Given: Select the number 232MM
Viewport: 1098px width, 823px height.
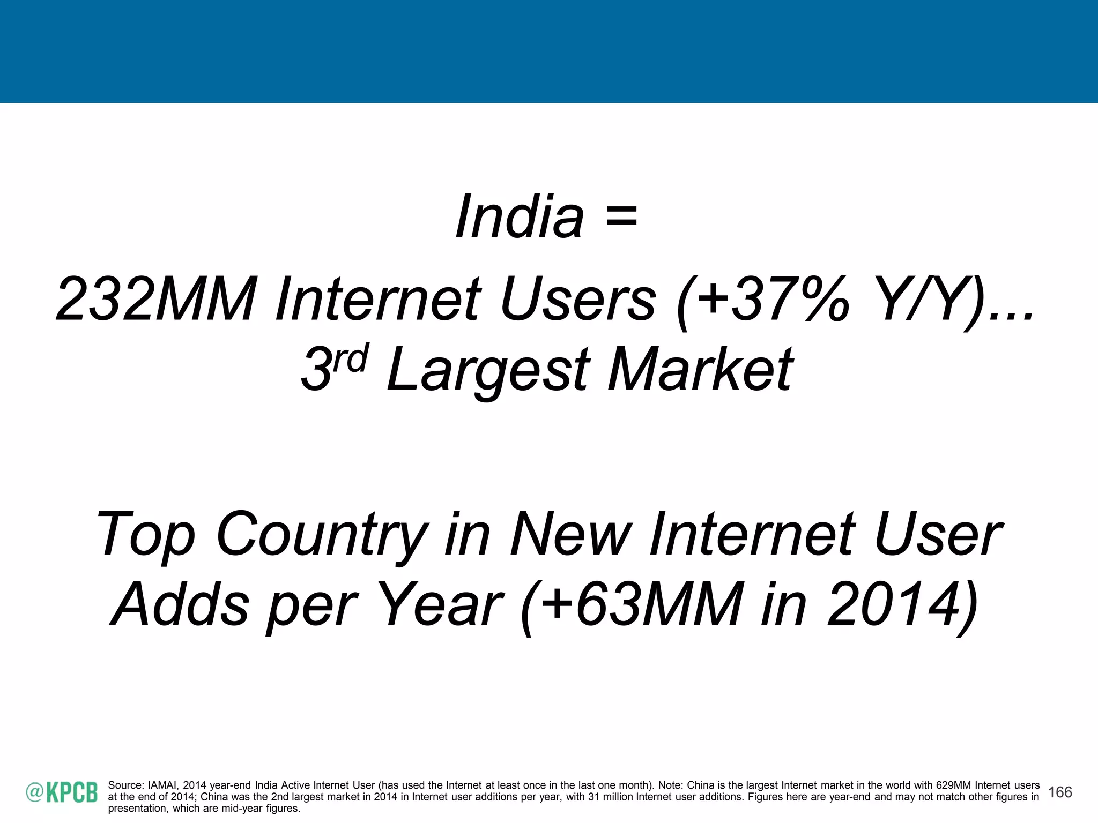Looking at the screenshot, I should point(156,299).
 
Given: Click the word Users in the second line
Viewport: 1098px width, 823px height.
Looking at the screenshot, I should point(578,299).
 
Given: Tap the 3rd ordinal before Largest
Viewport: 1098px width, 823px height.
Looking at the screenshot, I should point(333,368).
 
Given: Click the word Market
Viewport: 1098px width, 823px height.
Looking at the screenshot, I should point(701,369).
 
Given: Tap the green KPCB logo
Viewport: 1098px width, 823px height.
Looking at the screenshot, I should point(62,792).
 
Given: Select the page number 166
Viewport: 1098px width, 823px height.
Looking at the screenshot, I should point(1060,792).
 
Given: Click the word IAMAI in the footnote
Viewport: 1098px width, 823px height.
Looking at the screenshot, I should point(163,785).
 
